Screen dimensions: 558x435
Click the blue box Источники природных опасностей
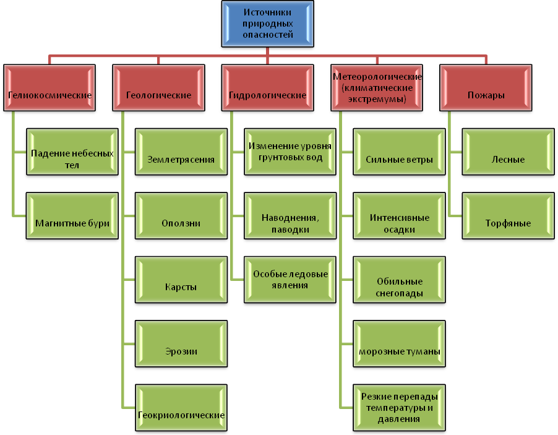point(268,24)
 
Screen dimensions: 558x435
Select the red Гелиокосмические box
point(49,88)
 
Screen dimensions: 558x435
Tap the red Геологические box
point(159,88)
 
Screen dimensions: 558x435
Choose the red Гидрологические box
point(268,88)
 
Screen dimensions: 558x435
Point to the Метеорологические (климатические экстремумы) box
point(377,88)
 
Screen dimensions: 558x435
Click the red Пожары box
point(486,88)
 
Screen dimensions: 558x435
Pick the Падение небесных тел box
point(72,152)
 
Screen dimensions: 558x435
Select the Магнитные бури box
point(72,216)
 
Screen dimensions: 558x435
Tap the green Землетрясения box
point(181,152)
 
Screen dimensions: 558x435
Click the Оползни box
point(181,216)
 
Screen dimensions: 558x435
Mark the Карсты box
point(181,280)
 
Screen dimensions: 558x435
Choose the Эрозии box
point(181,343)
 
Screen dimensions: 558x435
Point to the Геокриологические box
point(181,408)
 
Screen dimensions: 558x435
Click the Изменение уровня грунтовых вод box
point(290,152)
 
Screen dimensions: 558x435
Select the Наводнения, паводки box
point(290,216)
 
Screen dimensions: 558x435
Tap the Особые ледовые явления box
point(290,280)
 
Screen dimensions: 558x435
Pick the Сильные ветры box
point(399,152)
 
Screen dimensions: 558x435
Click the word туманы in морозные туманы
point(423,351)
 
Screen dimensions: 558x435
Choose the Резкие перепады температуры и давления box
point(399,408)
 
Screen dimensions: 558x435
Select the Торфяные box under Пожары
point(508,216)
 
